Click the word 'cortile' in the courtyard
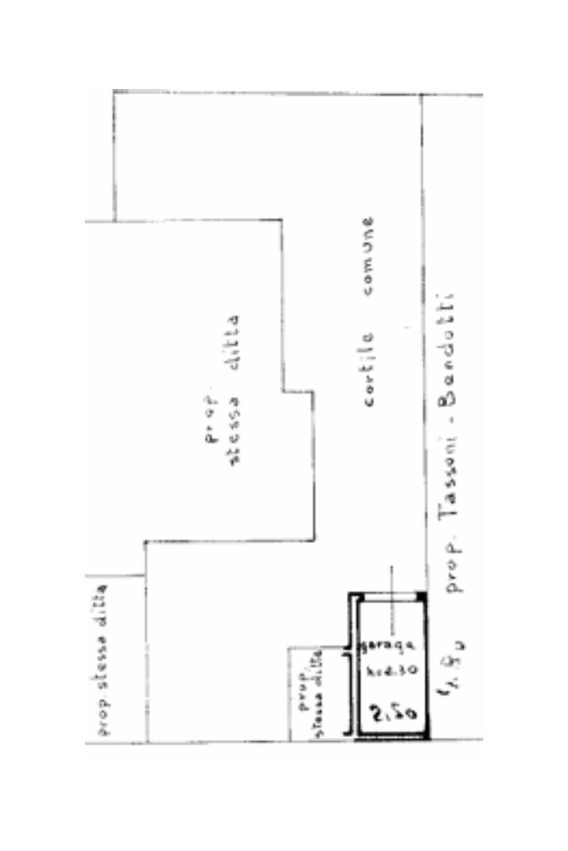click(x=368, y=369)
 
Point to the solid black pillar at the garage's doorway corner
click(x=422, y=596)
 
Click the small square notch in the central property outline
click(x=297, y=391)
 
